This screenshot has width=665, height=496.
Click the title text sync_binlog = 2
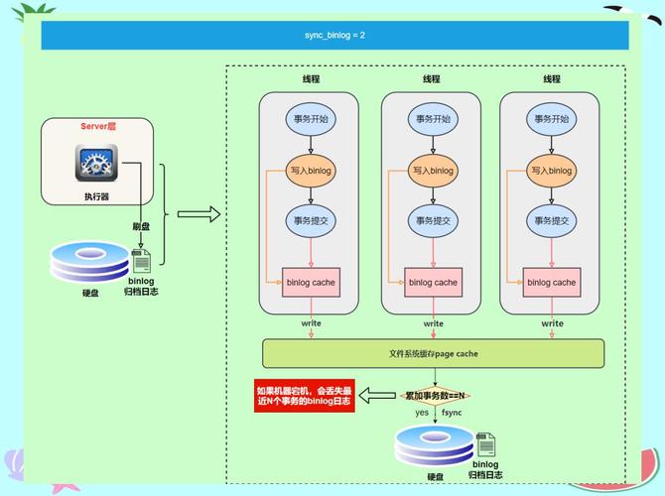[334, 35]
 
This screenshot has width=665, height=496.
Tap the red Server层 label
[98, 127]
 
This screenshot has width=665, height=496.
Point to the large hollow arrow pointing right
[198, 213]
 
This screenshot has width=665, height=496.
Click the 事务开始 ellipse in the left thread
[311, 119]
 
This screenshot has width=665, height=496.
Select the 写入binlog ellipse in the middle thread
[433, 171]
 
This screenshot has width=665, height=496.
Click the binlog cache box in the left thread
[311, 283]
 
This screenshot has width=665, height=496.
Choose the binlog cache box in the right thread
[552, 283]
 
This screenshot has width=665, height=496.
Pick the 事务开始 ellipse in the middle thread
[433, 119]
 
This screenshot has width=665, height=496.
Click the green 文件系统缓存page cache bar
[433, 353]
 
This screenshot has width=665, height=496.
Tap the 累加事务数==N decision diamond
[434, 395]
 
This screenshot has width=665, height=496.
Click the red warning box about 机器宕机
[304, 396]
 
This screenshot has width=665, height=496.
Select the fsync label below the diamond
[452, 413]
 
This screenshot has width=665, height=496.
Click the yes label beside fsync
[422, 413]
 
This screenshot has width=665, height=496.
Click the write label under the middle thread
[434, 323]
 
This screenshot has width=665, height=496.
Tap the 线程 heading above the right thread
[552, 79]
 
